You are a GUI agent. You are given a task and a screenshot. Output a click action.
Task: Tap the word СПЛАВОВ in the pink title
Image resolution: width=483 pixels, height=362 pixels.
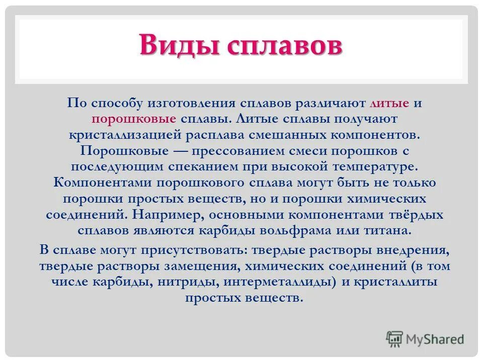click(284, 46)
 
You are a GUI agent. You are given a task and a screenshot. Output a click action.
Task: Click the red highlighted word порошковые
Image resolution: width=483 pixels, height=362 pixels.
click(133, 119)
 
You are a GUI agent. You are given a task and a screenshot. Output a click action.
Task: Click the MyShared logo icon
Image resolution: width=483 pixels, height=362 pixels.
click(395, 339)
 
